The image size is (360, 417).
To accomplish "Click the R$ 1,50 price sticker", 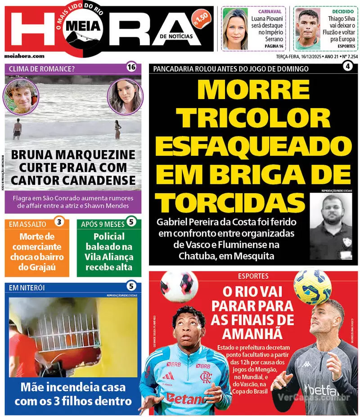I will pyautogui.click(x=201, y=18).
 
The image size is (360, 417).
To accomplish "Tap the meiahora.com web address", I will pyautogui.click(x=24, y=56).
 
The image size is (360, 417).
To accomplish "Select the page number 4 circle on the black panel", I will pyautogui.click(x=347, y=67).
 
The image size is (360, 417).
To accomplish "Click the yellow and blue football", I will pyautogui.click(x=312, y=286).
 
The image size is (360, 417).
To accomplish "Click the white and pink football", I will pyautogui.click(x=179, y=286).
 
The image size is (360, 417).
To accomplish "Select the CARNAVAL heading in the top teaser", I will pyautogui.click(x=270, y=11).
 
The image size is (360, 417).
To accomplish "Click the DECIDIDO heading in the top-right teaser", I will pyautogui.click(x=343, y=11).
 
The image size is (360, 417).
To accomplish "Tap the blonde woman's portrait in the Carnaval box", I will pyautogui.click(x=235, y=29).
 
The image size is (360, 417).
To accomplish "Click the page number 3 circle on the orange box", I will pyautogui.click(x=59, y=222).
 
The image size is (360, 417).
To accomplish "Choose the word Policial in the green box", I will pyautogui.click(x=109, y=236).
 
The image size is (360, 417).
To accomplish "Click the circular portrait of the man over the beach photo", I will pyautogui.click(x=21, y=96).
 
